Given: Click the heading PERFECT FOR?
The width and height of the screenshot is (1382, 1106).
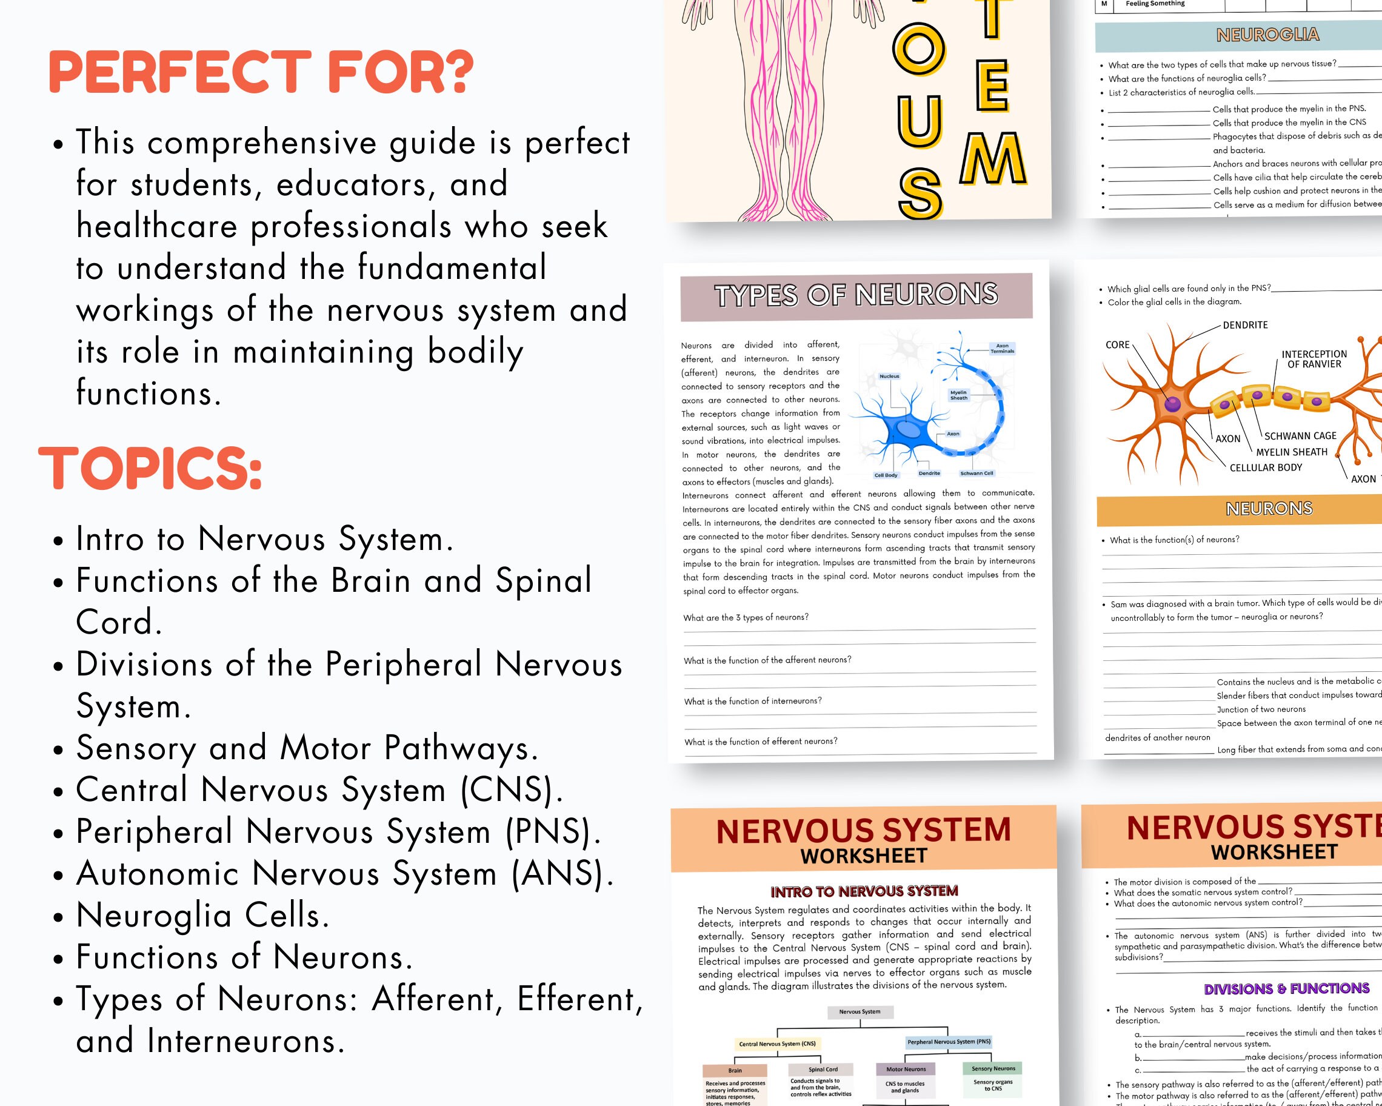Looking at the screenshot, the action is [261, 72].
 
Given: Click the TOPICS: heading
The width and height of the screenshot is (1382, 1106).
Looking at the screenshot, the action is [151, 469].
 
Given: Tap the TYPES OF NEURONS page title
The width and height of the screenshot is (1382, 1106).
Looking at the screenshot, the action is [856, 295].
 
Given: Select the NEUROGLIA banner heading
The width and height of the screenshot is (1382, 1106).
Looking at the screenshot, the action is [1267, 35].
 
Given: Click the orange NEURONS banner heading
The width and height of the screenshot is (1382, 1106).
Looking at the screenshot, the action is [1269, 509].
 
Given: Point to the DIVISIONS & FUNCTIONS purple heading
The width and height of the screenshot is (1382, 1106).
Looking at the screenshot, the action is [1286, 988].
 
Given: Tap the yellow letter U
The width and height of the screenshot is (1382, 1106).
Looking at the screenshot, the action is [918, 119].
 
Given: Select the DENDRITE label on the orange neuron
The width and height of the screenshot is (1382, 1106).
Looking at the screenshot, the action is [1245, 325].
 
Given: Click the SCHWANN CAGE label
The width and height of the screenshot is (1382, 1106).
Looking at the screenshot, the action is [1300, 436].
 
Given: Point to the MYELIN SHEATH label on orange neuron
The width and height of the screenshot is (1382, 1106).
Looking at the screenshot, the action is [1291, 452].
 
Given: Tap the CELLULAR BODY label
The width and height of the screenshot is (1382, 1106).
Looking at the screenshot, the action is [1266, 468].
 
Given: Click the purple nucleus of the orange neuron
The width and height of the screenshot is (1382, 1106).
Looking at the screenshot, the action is [1172, 404].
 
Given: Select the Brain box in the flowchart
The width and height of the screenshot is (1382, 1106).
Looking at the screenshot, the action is [735, 1070].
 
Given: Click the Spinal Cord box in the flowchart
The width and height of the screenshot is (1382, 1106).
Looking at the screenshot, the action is [823, 1069].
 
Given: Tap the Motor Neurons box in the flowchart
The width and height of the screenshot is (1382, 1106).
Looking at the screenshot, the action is [905, 1069].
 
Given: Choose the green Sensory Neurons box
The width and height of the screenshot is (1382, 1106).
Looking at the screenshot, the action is [993, 1068].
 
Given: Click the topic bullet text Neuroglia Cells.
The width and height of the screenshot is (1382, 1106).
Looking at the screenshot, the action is [202, 915].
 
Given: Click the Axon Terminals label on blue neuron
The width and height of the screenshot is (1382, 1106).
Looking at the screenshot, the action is [1002, 348].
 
